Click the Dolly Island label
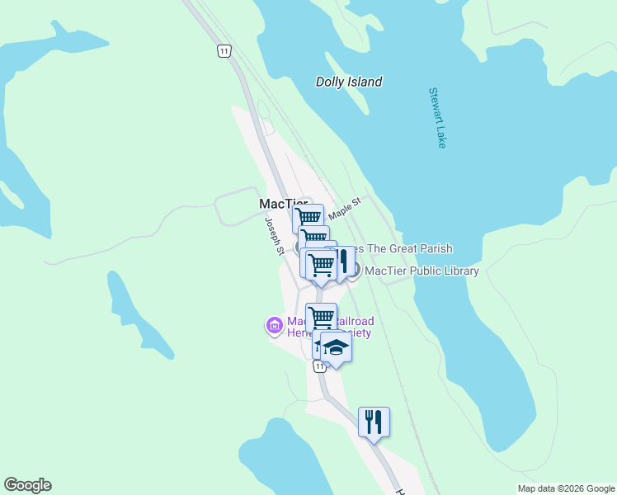click(x=349, y=82)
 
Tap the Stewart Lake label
click(x=437, y=118)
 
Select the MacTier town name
click(x=282, y=204)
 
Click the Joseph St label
click(x=273, y=235)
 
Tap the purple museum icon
click(x=274, y=326)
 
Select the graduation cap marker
click(x=336, y=347)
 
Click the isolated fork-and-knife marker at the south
click(x=374, y=422)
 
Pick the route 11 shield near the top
click(x=224, y=51)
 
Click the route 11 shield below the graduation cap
click(x=320, y=365)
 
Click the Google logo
click(x=27, y=485)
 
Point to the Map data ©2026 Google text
click(x=565, y=488)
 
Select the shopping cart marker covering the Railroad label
click(x=321, y=317)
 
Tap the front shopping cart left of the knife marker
click(x=321, y=265)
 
